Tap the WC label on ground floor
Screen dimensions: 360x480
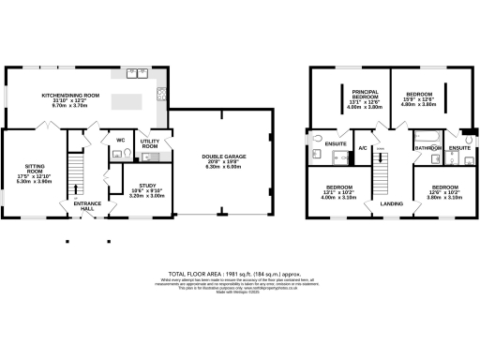[121, 141]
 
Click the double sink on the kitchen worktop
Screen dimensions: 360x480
[137, 73]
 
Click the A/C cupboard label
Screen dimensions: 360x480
[363, 147]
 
